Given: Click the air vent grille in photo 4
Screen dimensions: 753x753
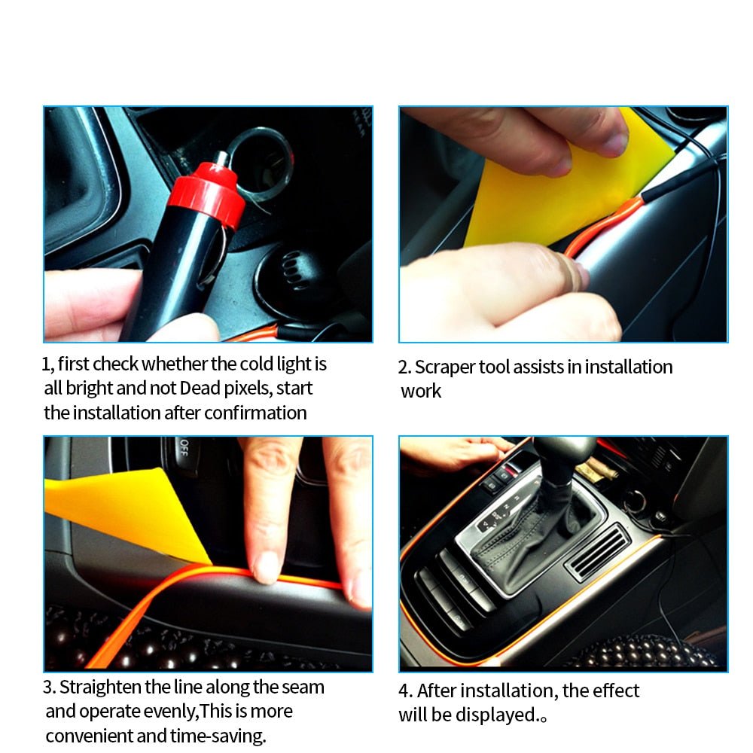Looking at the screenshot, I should (597, 551).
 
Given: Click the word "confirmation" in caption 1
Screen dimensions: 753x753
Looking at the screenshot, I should (255, 413).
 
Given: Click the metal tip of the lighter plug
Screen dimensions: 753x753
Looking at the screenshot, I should (223, 159).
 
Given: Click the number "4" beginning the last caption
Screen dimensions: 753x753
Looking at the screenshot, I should (404, 691).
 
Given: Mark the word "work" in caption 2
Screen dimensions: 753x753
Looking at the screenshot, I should (421, 392).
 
